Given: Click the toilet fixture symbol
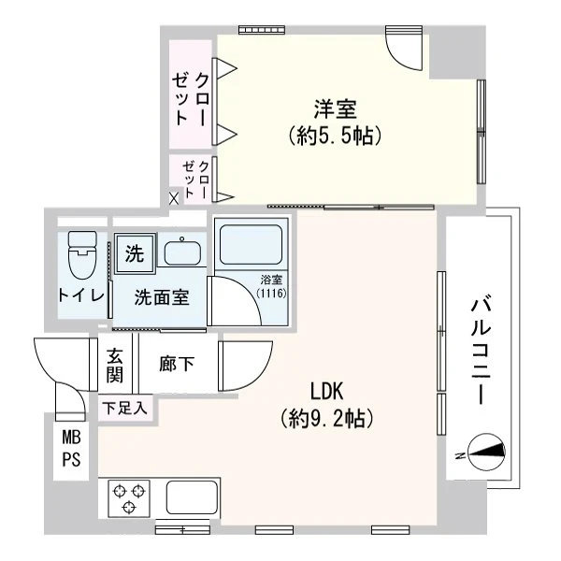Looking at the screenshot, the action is click(x=82, y=255).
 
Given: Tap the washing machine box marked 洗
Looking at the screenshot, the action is click(x=135, y=253).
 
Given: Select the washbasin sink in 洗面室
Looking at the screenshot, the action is click(x=182, y=252).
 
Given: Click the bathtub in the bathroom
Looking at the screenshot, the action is click(x=252, y=244).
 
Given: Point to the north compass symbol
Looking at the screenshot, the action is click(x=486, y=453).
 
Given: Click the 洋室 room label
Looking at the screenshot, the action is click(x=336, y=109).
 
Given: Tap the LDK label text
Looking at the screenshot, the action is click(x=326, y=391).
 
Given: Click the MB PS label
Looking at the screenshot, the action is click(x=72, y=448).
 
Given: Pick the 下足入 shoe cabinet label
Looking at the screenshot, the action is click(x=124, y=408).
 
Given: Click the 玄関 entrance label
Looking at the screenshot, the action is click(x=114, y=365).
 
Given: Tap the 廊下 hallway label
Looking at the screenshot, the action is click(x=177, y=365).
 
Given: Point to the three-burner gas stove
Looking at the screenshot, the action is click(x=129, y=498).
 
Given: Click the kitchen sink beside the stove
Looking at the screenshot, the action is click(x=193, y=497).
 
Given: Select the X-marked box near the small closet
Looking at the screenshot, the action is click(x=174, y=198).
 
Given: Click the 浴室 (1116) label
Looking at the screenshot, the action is click(x=272, y=287).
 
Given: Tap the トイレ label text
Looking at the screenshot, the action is click(x=81, y=295).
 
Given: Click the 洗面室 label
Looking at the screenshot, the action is click(x=162, y=297).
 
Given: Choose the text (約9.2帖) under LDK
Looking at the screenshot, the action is click(x=327, y=418).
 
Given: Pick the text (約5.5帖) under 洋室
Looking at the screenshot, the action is click(x=335, y=136).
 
